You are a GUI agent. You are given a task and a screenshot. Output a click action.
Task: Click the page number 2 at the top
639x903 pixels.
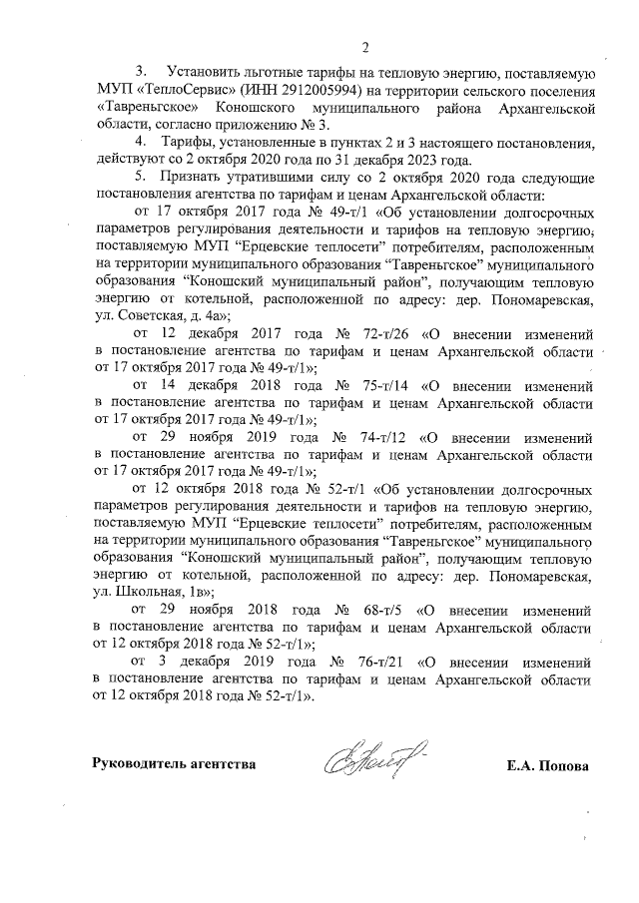pos(365,47)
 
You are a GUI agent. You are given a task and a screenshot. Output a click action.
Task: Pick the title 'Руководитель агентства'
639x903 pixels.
pos(174,766)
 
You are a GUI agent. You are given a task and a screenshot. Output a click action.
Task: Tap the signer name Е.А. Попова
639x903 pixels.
pos(548,766)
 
